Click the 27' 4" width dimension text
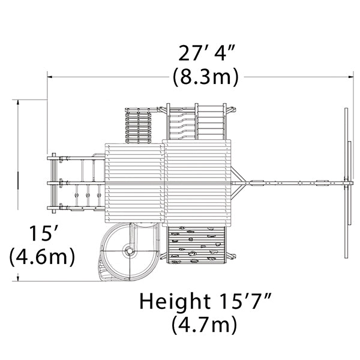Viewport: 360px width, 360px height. click(206, 53)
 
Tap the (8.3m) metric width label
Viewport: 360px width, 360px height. click(206, 77)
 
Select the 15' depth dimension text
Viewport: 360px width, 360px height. click(44, 233)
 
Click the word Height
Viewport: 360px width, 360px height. click(175, 301)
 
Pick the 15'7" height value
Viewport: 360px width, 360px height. click(245, 301)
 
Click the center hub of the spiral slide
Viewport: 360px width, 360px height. click(130, 251)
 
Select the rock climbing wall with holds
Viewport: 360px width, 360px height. click(197, 245)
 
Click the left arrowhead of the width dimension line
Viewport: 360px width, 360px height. click(50, 77)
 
